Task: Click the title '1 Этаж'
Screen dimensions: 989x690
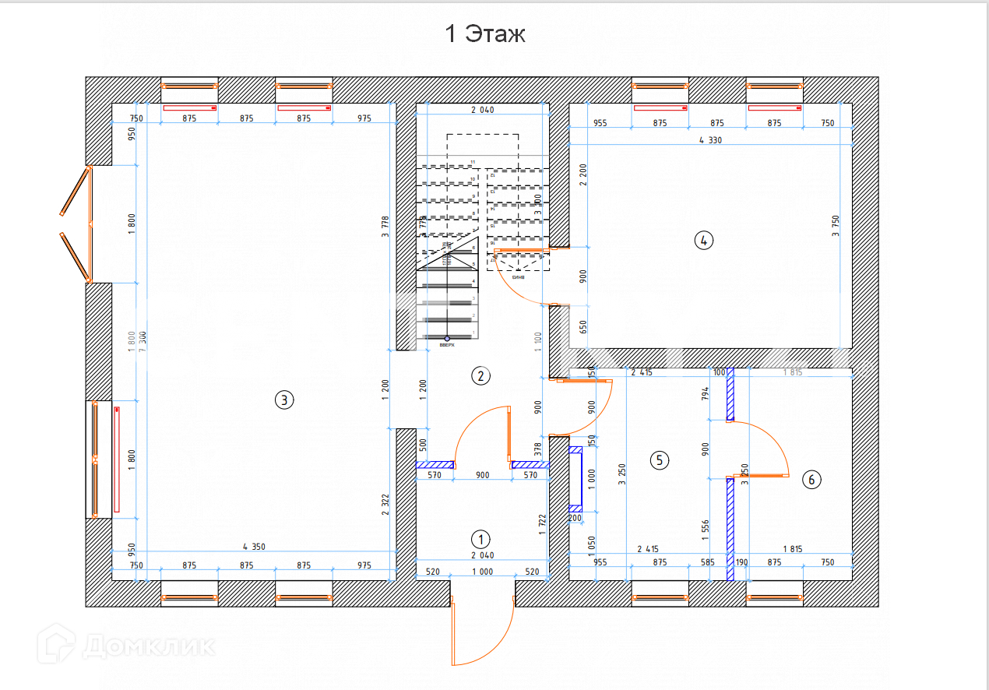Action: coord(484,34)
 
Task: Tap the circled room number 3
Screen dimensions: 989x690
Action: coord(285,400)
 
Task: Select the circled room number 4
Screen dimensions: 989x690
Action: coord(703,240)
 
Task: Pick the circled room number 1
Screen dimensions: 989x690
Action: coord(480,538)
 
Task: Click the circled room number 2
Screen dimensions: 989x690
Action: coord(480,376)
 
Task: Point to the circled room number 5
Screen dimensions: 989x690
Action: coord(659,459)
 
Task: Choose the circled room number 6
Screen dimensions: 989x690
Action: coord(811,480)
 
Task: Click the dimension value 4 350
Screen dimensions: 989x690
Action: coord(254,547)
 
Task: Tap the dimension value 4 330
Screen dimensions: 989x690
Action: coord(711,141)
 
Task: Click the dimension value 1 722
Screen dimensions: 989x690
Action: coord(543,525)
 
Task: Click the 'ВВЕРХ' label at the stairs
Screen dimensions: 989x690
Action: coord(446,345)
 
